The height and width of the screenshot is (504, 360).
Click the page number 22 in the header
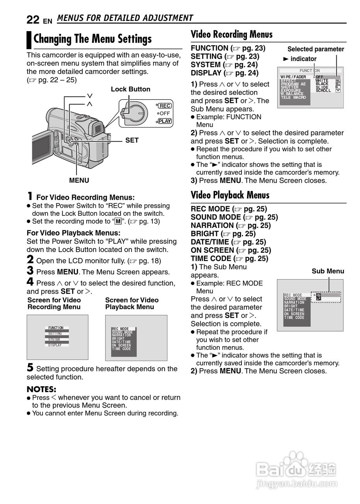click(x=33, y=20)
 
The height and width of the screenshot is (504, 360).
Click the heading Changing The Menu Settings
click(x=93, y=39)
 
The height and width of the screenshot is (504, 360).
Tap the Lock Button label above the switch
click(x=130, y=89)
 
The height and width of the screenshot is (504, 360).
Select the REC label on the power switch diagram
click(x=165, y=106)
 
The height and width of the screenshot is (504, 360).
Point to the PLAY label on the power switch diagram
click(x=165, y=121)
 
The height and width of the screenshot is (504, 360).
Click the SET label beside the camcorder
click(x=132, y=140)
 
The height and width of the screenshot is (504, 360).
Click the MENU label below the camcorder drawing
click(x=79, y=180)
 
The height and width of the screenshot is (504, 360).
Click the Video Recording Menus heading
click(x=232, y=35)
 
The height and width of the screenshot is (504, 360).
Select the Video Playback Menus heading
click(x=230, y=195)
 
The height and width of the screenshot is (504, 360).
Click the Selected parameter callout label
click(x=315, y=49)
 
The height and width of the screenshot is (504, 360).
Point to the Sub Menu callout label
click(x=328, y=271)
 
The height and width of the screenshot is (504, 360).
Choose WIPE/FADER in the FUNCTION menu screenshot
click(x=293, y=77)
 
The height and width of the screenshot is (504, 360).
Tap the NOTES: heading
click(x=41, y=389)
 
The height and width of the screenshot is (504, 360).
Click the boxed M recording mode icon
click(x=117, y=222)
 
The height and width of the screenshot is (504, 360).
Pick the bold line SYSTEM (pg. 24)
click(x=224, y=65)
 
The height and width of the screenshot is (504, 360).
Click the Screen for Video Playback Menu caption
click(x=132, y=304)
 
